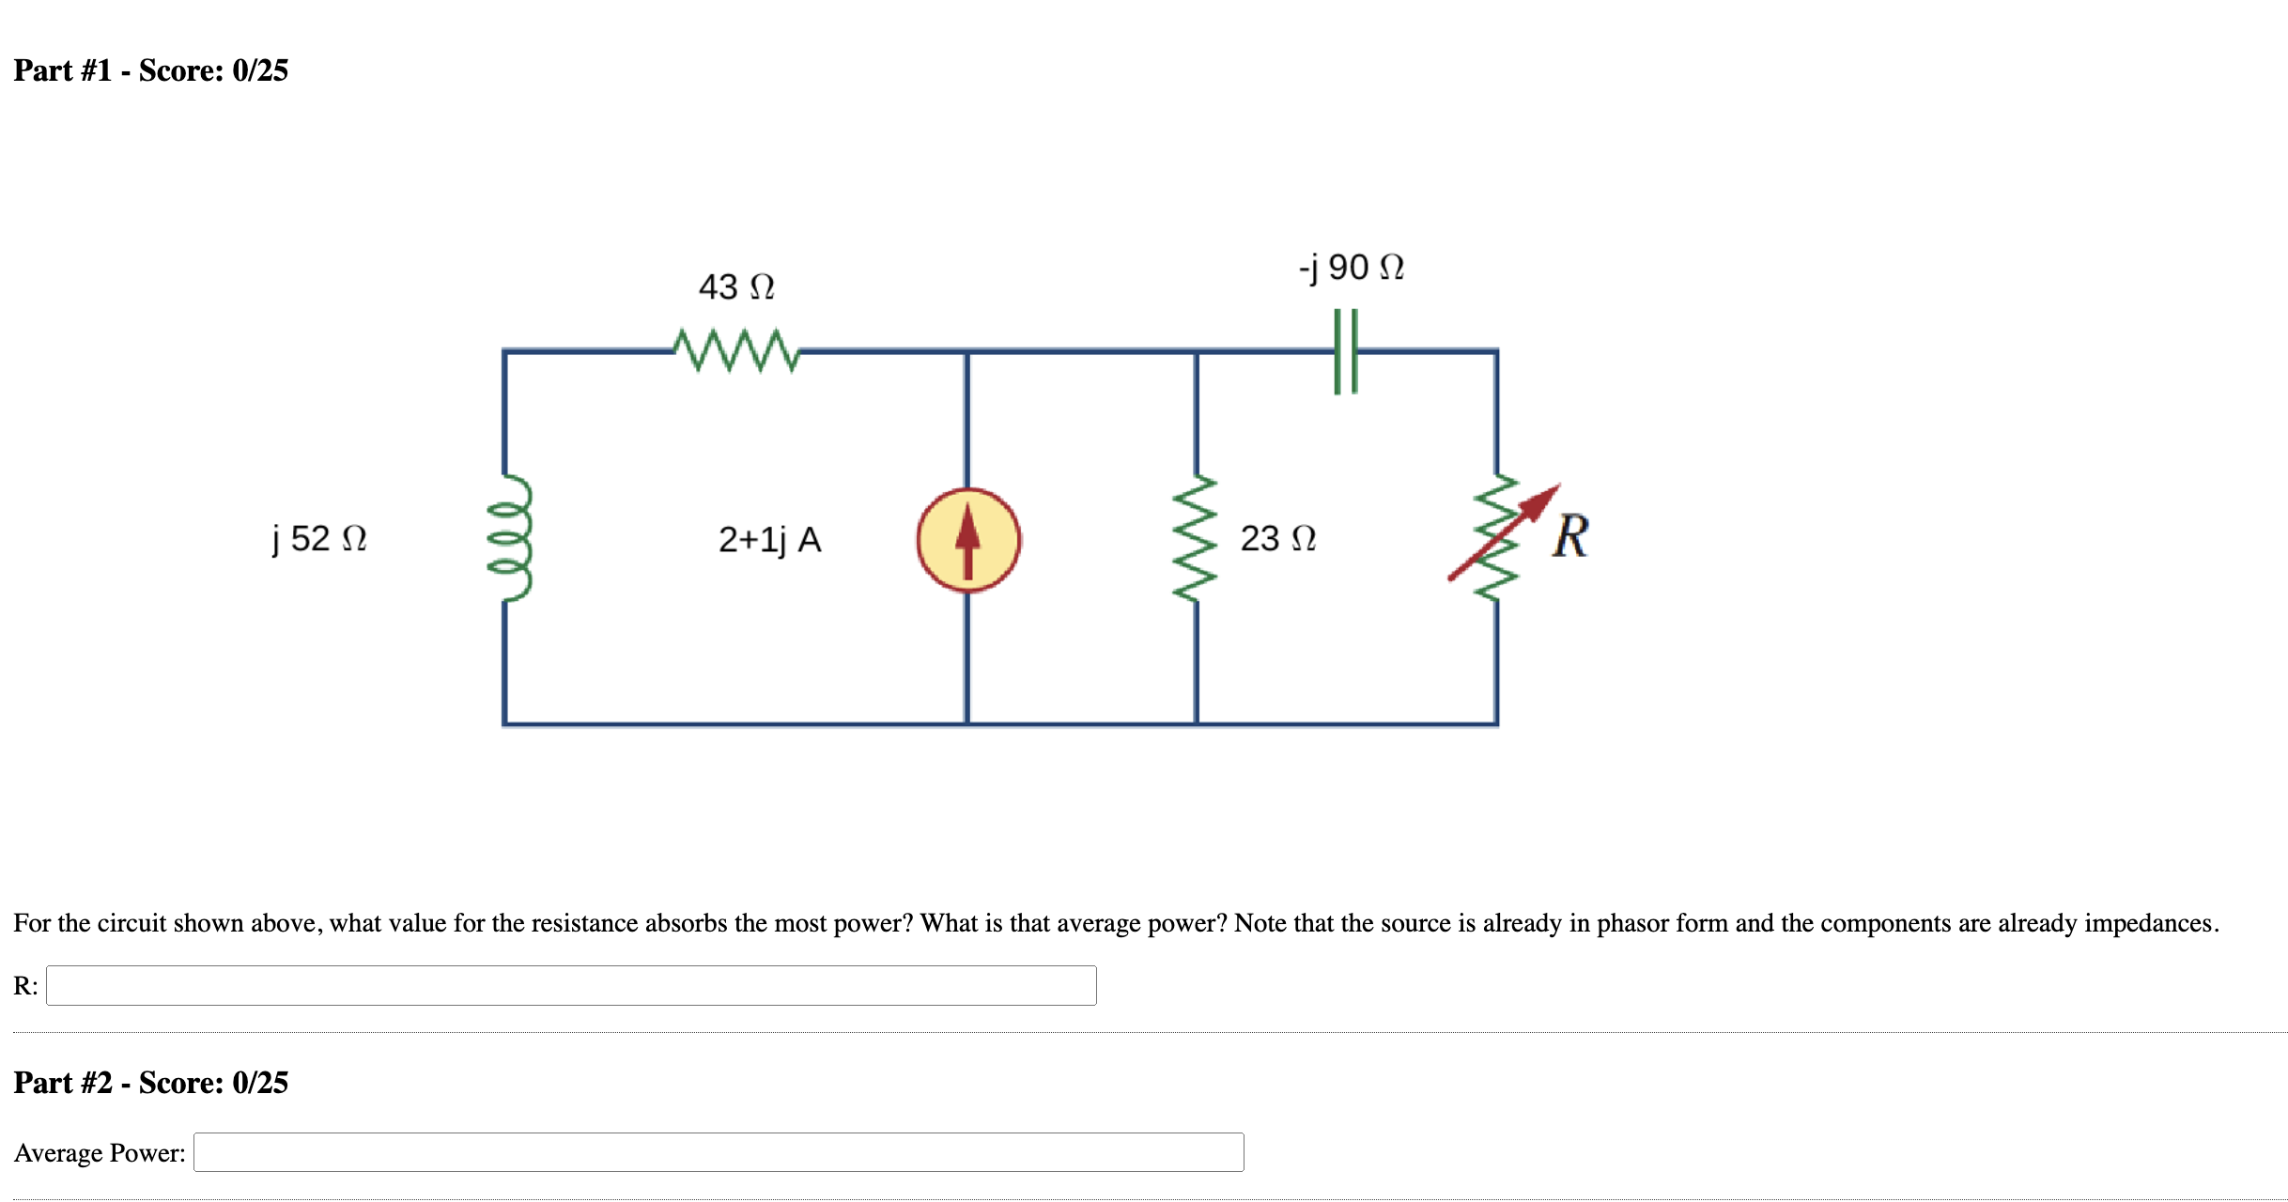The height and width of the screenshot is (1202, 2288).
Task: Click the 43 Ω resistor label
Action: pos(736,286)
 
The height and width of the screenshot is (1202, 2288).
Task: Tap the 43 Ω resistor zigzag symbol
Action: pos(736,350)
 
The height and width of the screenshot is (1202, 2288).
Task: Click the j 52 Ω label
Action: pos(319,538)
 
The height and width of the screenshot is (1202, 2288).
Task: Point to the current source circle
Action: pos(968,540)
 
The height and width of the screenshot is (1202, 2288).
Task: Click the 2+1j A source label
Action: pos(769,540)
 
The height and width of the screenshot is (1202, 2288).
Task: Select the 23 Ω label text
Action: pos(1277,538)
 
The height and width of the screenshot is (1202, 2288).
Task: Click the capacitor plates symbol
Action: pos(1346,351)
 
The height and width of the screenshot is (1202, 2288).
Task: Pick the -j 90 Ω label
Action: pos(1351,268)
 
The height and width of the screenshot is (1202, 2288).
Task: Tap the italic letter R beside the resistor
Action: pos(1569,536)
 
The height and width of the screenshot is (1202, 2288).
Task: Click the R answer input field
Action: pos(571,985)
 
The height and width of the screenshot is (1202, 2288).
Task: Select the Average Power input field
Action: pos(719,1152)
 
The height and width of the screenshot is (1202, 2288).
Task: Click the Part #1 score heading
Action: pos(150,70)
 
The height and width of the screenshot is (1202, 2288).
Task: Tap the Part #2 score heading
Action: pos(150,1083)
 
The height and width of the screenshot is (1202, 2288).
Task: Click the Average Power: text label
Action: pos(100,1152)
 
